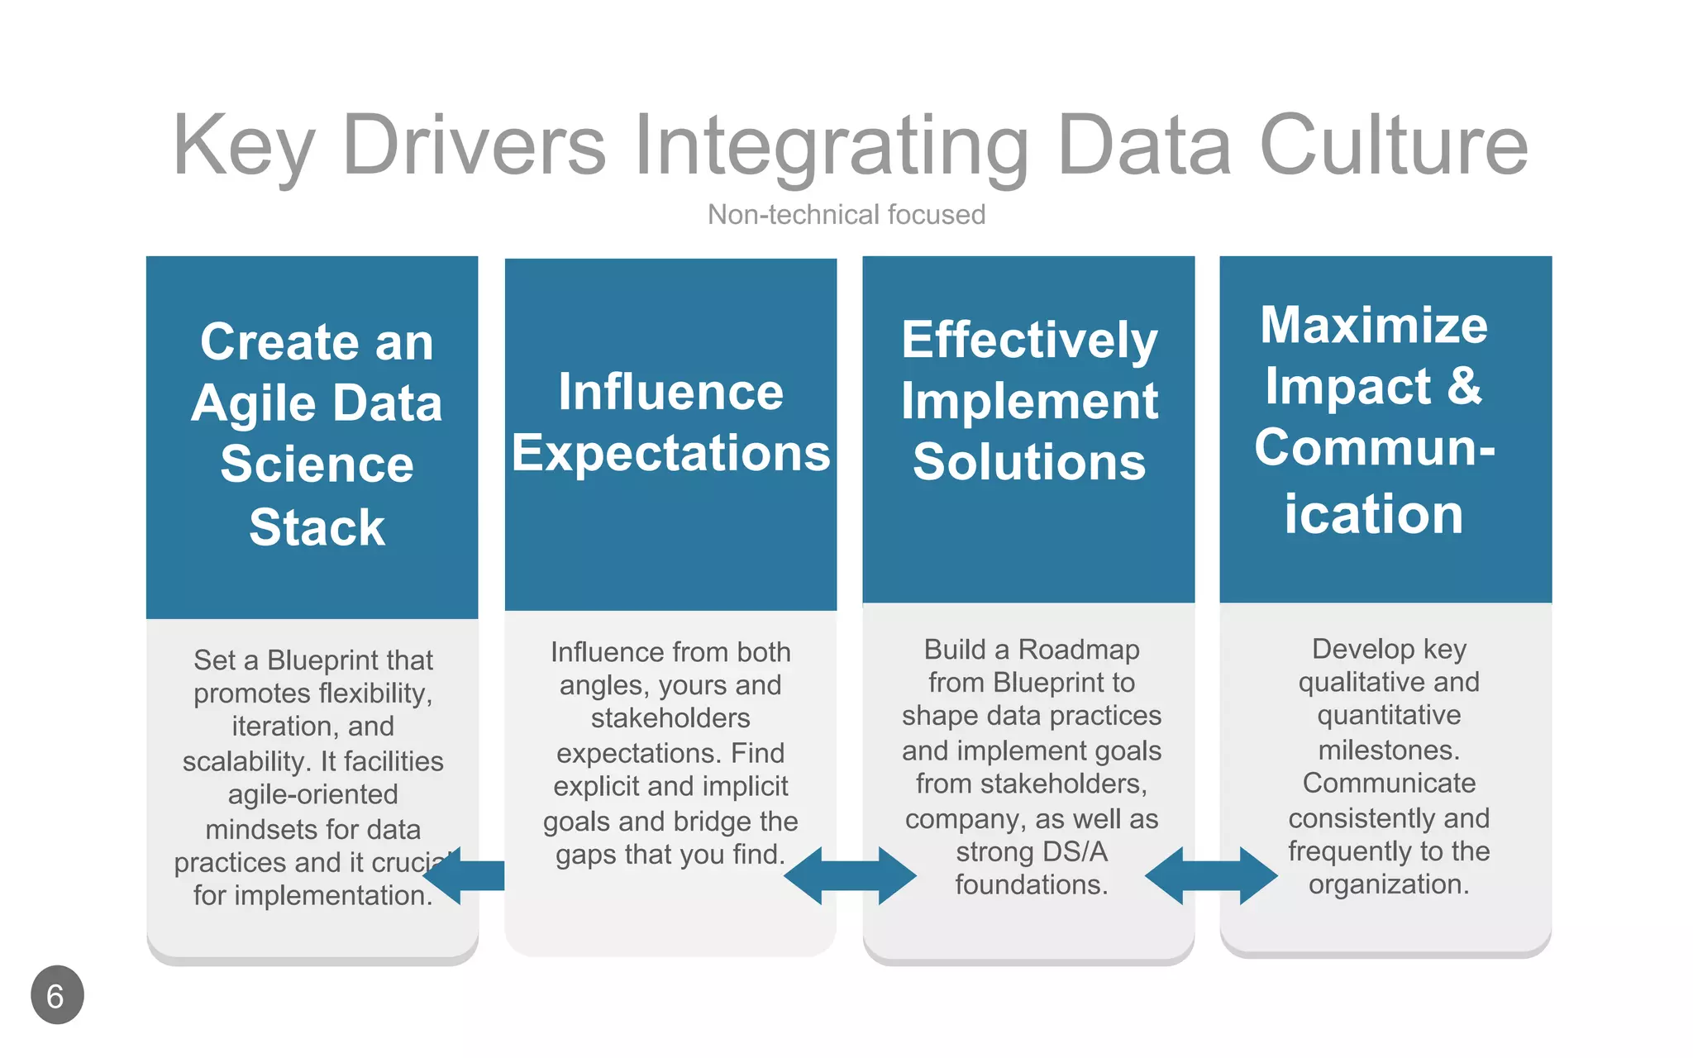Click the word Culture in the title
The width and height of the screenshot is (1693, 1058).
point(1394,145)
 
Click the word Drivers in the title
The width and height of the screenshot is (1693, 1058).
point(474,145)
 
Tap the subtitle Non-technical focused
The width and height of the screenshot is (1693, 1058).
point(846,215)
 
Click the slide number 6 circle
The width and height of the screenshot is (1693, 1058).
point(57,995)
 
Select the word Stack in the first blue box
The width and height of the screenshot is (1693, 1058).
point(317,527)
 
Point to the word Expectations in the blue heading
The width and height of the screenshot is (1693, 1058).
point(670,453)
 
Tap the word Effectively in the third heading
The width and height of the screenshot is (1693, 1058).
point(1029,340)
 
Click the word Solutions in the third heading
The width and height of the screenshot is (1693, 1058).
point(1029,461)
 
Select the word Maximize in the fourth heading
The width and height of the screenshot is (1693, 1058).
point(1373,325)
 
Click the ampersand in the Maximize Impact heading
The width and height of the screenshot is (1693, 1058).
point(1464,385)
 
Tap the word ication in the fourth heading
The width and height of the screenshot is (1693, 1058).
point(1373,514)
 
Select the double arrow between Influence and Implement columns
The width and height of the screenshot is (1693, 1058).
point(850,875)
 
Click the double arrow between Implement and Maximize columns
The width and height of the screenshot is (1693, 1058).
point(1211,875)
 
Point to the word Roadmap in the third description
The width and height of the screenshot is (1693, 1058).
point(1078,650)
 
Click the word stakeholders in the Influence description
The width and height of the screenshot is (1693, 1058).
point(670,717)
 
